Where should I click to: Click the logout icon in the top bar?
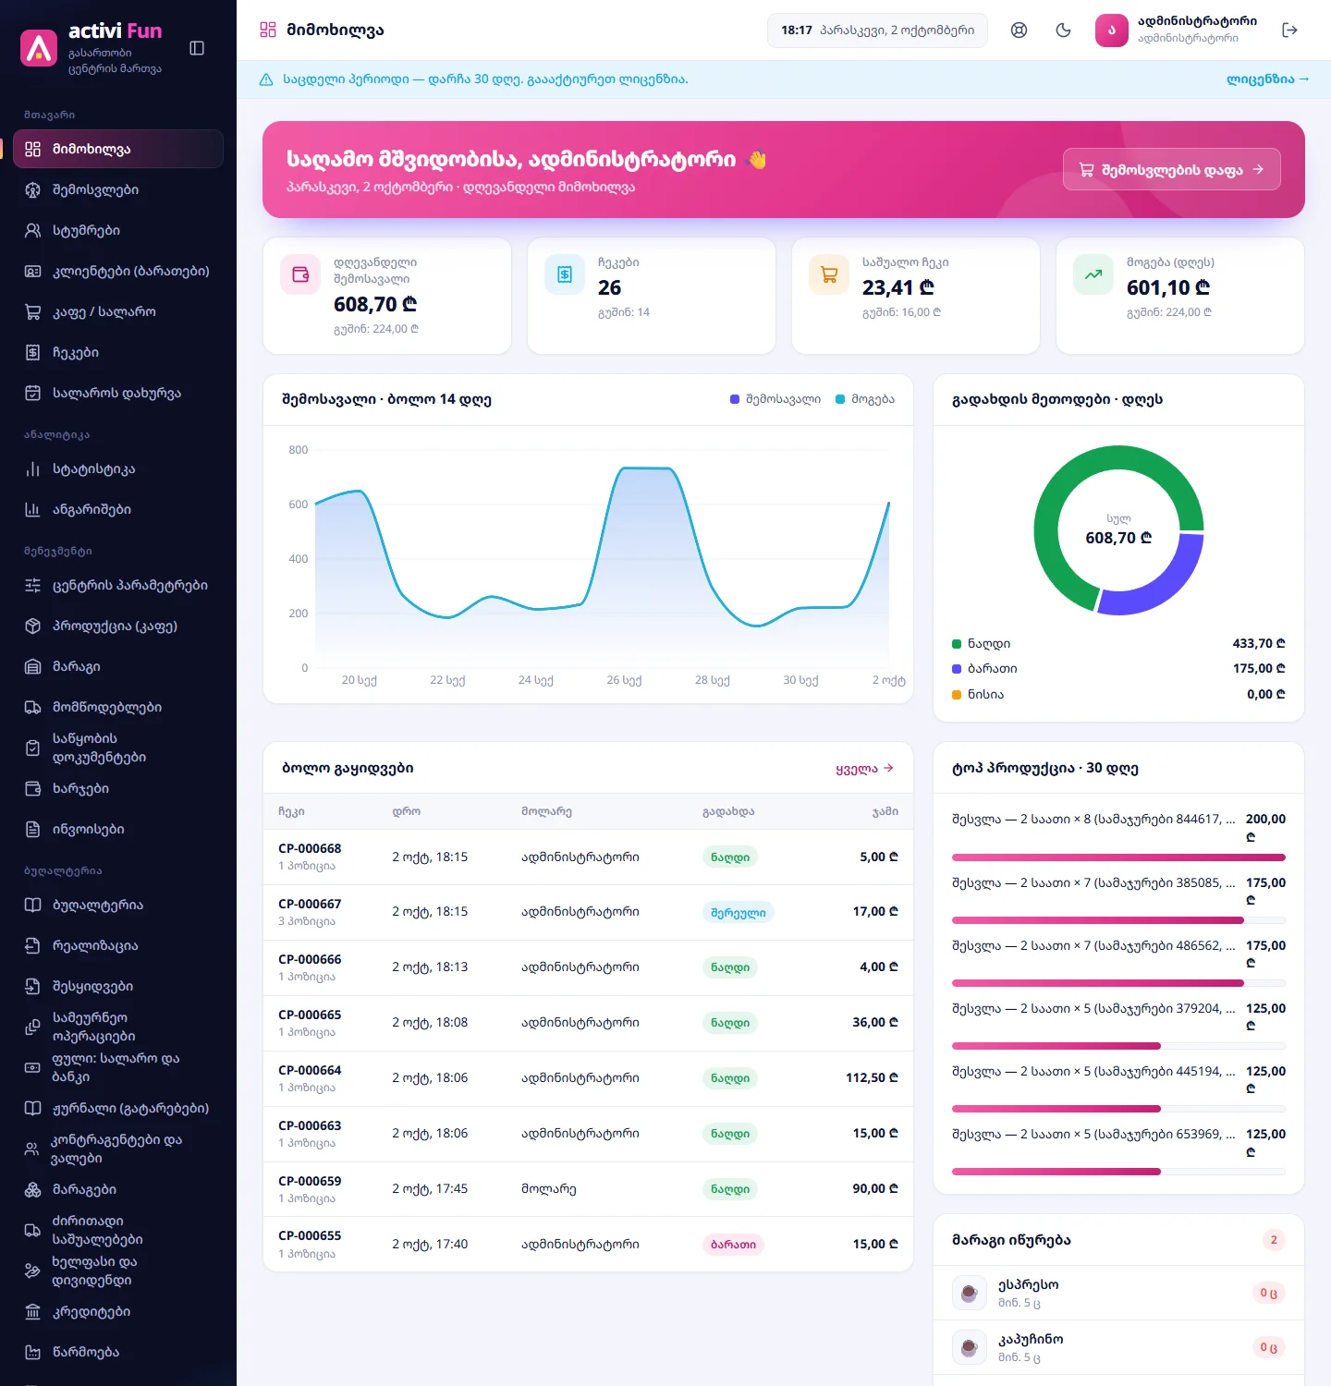coord(1290,30)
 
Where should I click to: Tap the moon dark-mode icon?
coord(1064,30)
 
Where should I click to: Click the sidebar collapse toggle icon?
coord(197,48)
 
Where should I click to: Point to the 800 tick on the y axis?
coord(299,450)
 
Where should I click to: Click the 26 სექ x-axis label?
coord(624,680)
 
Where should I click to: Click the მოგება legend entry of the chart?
coord(865,399)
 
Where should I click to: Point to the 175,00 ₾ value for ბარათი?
coord(1259,669)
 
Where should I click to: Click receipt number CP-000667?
coord(310,905)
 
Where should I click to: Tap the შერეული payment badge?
coord(739,913)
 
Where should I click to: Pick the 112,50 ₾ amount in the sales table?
coord(872,1078)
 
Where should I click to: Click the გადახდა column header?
coord(728,812)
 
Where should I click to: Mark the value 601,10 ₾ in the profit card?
coord(1168,288)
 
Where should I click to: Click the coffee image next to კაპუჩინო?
coord(970,1347)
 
